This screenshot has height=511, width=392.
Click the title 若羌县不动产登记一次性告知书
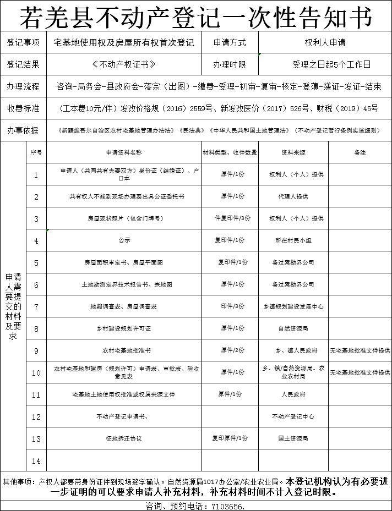click(x=196, y=18)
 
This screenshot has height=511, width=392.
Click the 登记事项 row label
click(x=23, y=42)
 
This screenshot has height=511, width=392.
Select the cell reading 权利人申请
click(x=325, y=42)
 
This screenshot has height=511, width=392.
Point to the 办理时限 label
click(x=229, y=64)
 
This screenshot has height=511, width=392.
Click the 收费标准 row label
click(x=23, y=108)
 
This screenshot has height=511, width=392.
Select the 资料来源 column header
click(x=293, y=152)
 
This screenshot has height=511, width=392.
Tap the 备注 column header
click(x=360, y=152)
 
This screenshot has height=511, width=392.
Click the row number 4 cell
click(x=36, y=241)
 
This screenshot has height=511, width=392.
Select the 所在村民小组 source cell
click(x=293, y=240)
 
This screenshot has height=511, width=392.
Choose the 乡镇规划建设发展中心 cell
click(x=293, y=306)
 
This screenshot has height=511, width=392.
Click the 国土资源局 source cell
click(x=293, y=438)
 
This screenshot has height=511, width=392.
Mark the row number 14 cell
click(x=36, y=461)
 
